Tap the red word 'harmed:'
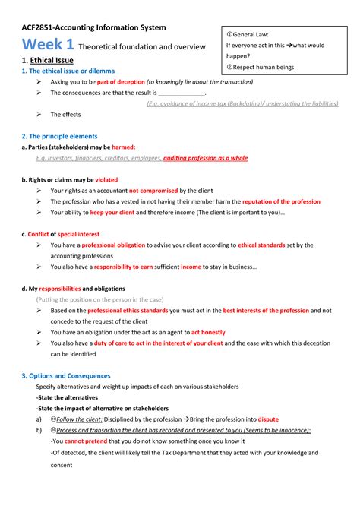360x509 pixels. pyautogui.click(x=123, y=147)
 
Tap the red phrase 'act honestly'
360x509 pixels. pyautogui.click(x=207, y=333)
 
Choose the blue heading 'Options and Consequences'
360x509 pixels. pyautogui.click(x=69, y=375)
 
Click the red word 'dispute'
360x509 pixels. pyautogui.click(x=268, y=419)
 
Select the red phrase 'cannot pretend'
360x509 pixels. pyautogui.click(x=84, y=441)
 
